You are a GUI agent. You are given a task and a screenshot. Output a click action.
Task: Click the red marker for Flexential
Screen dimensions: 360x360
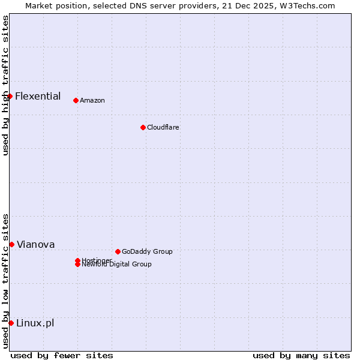pos(10,96)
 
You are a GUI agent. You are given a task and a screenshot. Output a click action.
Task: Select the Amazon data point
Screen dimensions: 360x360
pos(76,100)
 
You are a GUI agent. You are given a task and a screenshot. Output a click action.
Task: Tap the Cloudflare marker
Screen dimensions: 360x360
pos(143,127)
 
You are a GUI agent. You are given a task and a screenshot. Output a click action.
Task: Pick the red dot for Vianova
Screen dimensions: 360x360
pos(11,244)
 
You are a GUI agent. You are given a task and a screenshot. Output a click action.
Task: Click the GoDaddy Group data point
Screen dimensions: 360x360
pos(118,251)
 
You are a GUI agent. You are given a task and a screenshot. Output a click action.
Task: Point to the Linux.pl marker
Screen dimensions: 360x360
pos(11,323)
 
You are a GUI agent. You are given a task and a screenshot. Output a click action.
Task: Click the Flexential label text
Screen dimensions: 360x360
pos(38,96)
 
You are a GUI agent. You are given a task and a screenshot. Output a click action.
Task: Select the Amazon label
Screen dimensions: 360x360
pos(92,100)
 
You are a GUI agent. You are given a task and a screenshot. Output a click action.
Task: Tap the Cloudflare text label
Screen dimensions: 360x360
pos(163,127)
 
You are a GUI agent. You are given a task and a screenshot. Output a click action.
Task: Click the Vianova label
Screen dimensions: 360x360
pos(36,244)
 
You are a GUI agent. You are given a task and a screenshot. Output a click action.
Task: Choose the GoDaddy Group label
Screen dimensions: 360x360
pos(147,251)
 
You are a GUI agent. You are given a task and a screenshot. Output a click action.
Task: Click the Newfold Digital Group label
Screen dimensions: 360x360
pos(117,265)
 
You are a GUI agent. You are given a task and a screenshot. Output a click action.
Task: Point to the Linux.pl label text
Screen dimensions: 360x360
pos(35,323)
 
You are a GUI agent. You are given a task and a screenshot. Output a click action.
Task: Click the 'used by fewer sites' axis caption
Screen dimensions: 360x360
pos(62,355)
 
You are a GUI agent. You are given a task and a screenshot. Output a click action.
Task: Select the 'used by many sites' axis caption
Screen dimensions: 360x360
pos(301,355)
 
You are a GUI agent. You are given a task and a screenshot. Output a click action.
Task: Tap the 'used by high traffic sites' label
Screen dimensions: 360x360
pos(5,85)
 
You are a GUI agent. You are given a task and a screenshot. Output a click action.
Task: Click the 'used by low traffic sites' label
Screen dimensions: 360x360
pos(5,281)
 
